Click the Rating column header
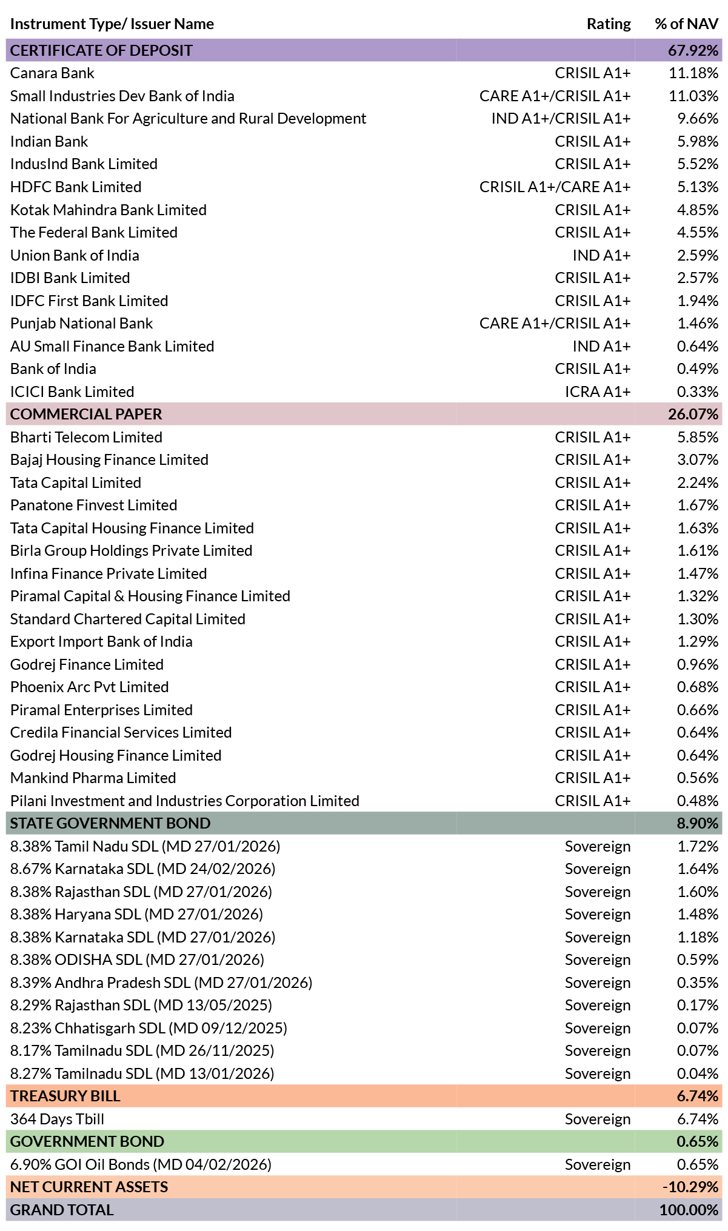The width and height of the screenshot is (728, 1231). tap(609, 24)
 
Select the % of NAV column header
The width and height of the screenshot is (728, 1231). tap(686, 24)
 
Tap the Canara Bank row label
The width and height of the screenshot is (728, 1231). tap(52, 73)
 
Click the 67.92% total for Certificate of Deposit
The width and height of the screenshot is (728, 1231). tap(693, 50)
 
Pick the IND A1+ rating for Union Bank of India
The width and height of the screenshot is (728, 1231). tap(601, 255)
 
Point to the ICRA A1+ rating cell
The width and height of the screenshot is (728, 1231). tap(598, 392)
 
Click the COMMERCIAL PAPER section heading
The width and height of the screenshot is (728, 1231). tap(86, 414)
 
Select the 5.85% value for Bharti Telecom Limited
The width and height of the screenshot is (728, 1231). tap(698, 437)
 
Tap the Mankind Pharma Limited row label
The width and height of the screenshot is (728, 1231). tap(93, 778)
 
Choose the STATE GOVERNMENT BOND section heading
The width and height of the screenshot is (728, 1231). tap(110, 823)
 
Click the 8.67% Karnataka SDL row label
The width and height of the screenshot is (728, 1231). tap(143, 869)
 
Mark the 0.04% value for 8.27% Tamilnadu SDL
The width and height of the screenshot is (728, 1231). tap(698, 1073)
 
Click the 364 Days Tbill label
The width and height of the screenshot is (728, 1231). tap(58, 1119)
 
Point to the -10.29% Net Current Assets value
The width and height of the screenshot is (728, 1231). tap(690, 1187)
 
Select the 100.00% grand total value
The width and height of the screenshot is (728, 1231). tap(689, 1210)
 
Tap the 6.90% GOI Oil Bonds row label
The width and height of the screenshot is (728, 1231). tap(141, 1164)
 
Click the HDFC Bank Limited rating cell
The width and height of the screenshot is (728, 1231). tap(555, 187)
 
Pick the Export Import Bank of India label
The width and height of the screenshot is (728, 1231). tap(101, 641)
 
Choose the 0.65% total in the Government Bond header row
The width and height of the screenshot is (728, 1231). tap(698, 1141)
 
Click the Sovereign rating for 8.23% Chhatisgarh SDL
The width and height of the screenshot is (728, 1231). tap(598, 1028)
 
